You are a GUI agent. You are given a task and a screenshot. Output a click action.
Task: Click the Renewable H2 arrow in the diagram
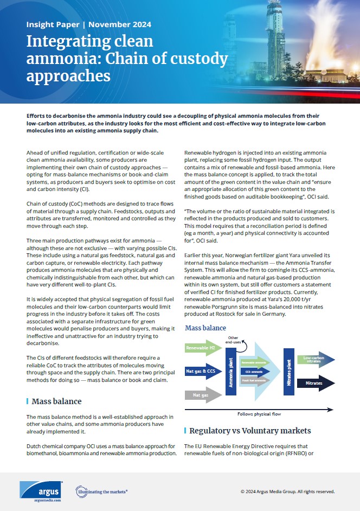coord(201,348)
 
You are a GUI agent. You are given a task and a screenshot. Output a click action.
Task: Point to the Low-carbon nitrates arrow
coord(315,360)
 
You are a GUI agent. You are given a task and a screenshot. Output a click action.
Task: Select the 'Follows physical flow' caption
coord(260,414)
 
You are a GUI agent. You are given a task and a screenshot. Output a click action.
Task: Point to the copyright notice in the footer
coord(287,491)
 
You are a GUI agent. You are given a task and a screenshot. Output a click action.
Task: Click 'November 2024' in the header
coord(120,24)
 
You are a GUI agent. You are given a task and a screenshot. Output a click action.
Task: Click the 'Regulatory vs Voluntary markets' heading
coord(250,431)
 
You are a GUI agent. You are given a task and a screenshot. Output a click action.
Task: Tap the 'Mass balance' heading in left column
coord(56,401)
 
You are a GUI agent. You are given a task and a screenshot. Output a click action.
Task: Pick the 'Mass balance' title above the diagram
coord(205,328)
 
